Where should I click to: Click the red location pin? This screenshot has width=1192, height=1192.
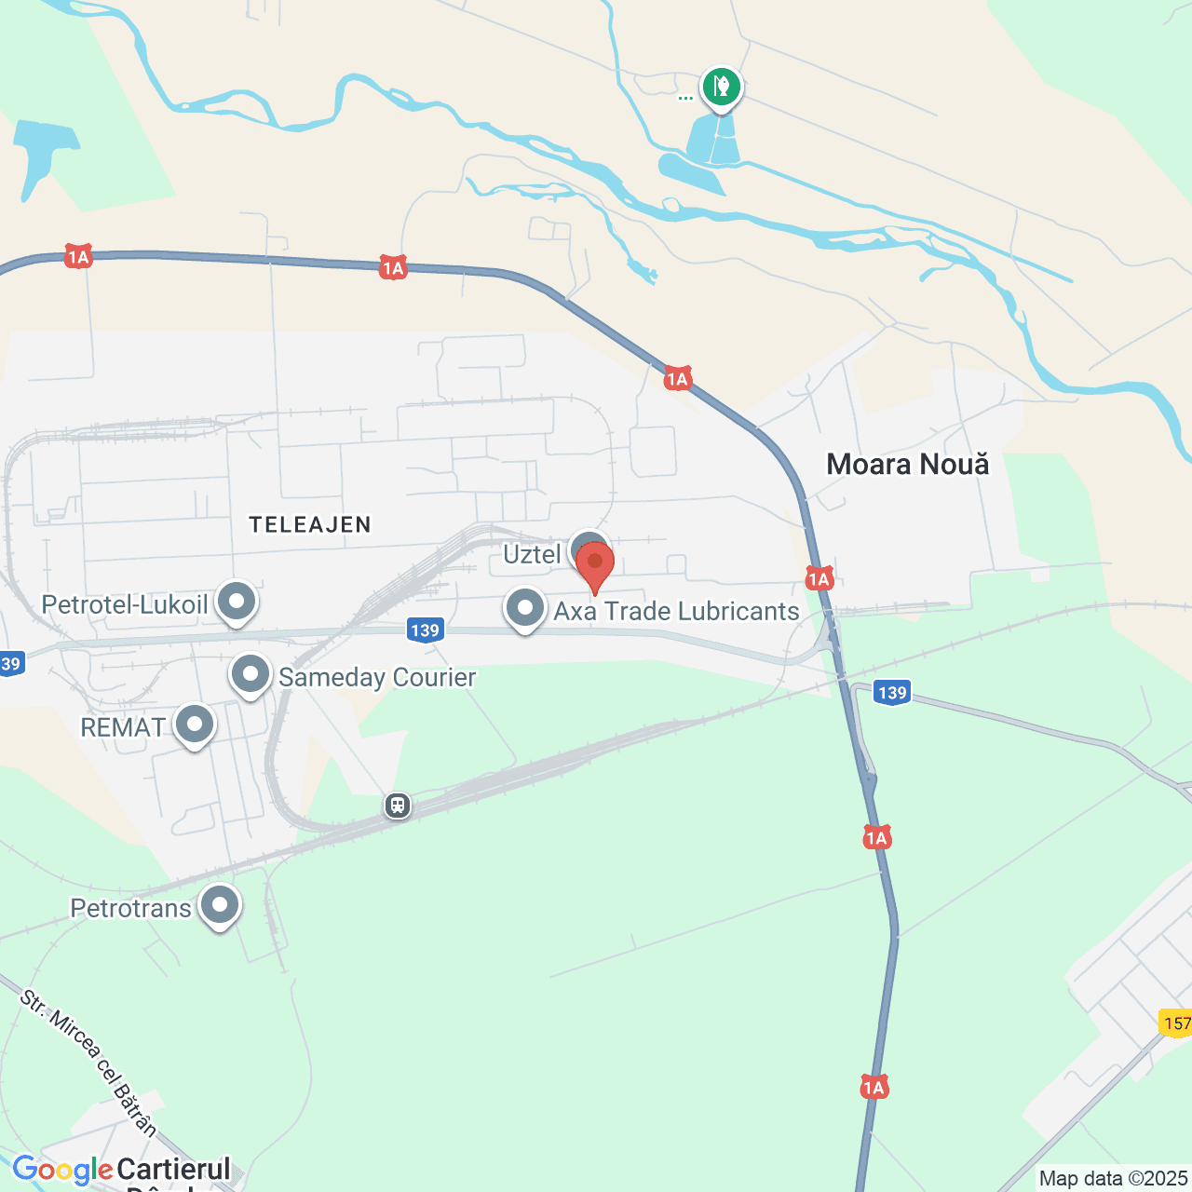pos(595,564)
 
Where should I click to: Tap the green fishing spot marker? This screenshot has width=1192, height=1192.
pos(722,88)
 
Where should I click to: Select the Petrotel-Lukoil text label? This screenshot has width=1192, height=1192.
pos(125,605)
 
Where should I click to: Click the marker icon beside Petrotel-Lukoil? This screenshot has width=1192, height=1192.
pos(237,602)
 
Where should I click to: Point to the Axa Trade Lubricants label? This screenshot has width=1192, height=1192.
pos(676,612)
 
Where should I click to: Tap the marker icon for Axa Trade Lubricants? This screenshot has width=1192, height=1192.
pos(525,609)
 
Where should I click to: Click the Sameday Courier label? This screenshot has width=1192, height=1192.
pos(377,678)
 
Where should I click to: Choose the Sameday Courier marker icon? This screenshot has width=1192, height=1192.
pos(251,675)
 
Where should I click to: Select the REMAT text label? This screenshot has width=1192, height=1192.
pos(123,727)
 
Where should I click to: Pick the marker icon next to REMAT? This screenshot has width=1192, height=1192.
pos(195,725)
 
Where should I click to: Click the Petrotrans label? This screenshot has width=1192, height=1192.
pos(130,908)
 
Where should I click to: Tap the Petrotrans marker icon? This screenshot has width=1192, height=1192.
pos(220,905)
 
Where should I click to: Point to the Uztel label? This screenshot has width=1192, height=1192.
pos(532,555)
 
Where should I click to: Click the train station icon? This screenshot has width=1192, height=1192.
pos(398,805)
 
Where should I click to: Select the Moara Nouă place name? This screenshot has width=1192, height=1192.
pos(908,465)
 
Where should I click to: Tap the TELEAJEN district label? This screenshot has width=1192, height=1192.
pos(310,525)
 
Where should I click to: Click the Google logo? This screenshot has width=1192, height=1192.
pos(62,1170)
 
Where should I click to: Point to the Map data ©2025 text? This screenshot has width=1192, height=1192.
pos(1114,1179)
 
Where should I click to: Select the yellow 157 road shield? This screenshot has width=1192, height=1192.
pos(1177,1023)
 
